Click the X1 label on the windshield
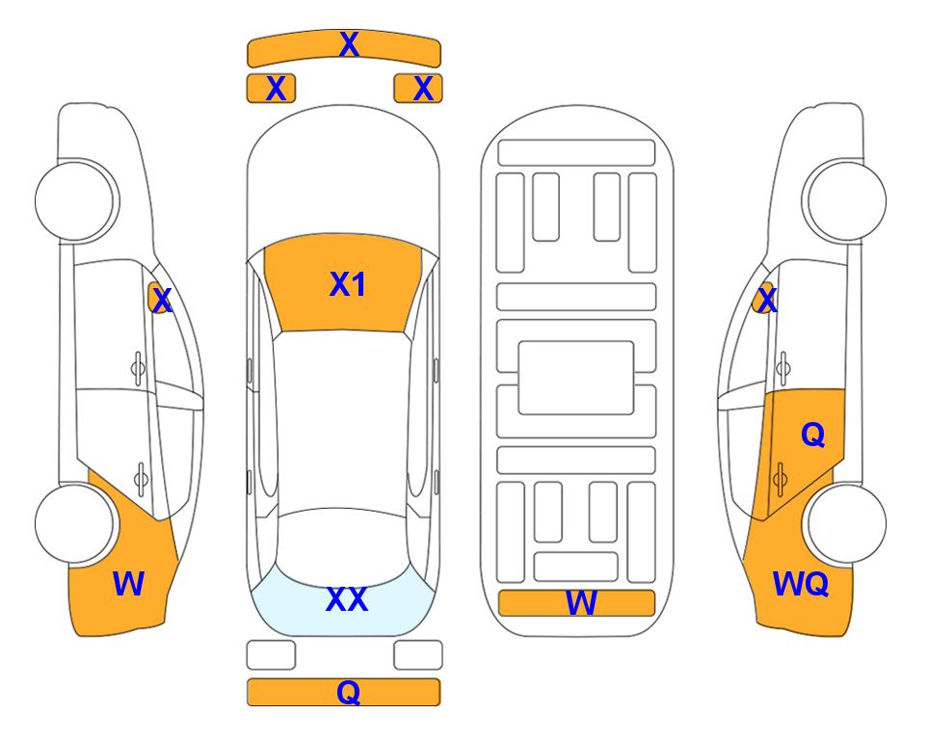coord(348,284)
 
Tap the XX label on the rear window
coord(347,599)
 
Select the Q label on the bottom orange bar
coord(348,692)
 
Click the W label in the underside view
coord(580,603)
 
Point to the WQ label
coord(801,584)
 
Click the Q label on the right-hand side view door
coord(812,436)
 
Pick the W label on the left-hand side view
coord(128,584)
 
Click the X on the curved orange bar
coord(349,44)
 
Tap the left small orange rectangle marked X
coord(271,89)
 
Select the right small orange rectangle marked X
coord(418,89)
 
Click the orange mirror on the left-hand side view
coord(158,298)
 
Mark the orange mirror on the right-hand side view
coord(763,298)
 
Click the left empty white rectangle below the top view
coord(271,655)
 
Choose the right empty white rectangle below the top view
coord(418,655)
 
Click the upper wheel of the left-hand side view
coord(76,200)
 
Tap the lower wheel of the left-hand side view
coord(74,523)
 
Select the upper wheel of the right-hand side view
coord(846,200)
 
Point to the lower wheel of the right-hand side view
coord(847,523)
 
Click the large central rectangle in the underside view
coord(576,378)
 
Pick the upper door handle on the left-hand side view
coord(138,369)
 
